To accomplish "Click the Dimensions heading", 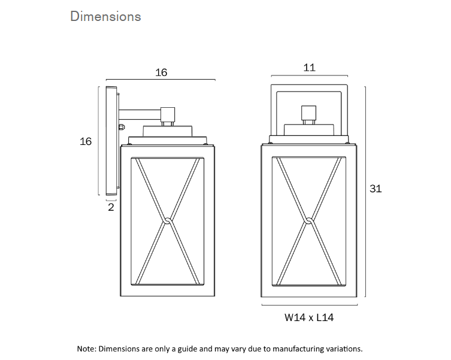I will tap(105, 16).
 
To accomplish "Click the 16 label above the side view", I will tap(161, 72).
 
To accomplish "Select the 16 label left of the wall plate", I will tap(86, 141).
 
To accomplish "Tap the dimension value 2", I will tap(111, 207).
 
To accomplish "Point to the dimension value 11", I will tap(309, 68).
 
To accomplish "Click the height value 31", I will tap(376, 189).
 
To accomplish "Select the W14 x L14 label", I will tap(309, 317).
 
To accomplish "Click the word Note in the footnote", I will tap(86, 348).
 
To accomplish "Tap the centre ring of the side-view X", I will tap(167, 222).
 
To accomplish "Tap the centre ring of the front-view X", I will tap(309, 222).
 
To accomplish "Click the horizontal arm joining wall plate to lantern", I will tap(140, 111).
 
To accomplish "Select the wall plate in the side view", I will tap(111, 141).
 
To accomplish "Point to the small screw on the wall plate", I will tap(122, 127).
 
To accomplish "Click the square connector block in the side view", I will tap(168, 113).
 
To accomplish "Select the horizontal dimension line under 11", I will tap(309, 76).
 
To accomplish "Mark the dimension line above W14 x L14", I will tap(309, 305).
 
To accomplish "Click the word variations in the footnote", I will tap(343, 348).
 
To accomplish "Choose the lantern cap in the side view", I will tap(167, 131).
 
